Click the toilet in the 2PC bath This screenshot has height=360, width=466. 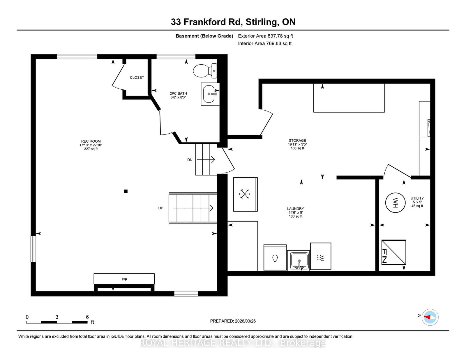point(205,71)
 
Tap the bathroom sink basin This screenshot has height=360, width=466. point(209,94)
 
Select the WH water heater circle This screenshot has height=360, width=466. point(395,203)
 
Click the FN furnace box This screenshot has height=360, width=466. point(393,252)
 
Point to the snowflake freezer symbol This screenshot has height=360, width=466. point(244,194)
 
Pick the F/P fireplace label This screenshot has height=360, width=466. point(124,279)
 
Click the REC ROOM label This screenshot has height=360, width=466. point(91,141)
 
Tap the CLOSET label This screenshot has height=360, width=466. point(137,77)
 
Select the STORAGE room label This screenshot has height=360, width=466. point(297,141)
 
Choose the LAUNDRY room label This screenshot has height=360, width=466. point(296,208)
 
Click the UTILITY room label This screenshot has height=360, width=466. point(417,198)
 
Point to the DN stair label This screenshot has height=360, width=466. point(190,160)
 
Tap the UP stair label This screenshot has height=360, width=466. point(160,208)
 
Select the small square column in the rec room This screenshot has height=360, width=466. point(126,191)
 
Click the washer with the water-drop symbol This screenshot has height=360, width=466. point(275,257)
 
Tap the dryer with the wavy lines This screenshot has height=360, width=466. point(321,256)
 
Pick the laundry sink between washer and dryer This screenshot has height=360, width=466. point(298,260)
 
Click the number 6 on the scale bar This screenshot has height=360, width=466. point(87,317)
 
